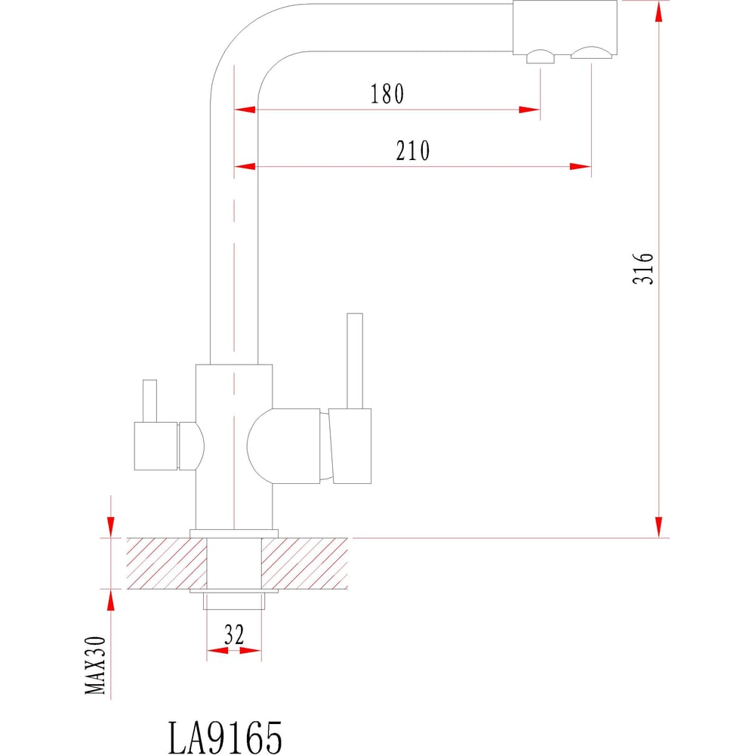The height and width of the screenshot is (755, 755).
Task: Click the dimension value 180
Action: point(387,94)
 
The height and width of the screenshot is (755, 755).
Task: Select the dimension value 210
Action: point(413,151)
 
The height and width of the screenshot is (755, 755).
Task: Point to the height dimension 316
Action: point(643,268)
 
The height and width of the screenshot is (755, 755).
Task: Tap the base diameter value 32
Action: point(234,636)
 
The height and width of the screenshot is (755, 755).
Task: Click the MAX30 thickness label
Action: point(96,664)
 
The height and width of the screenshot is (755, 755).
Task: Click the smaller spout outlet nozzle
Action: point(539,57)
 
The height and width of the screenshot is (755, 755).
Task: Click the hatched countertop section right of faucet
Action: point(306,563)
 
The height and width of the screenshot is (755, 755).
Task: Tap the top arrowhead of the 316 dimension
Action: point(659,11)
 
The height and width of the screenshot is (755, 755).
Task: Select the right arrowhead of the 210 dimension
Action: point(581,166)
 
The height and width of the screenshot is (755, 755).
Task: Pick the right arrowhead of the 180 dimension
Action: point(530,110)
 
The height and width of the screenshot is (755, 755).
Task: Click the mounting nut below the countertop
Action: point(234,600)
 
